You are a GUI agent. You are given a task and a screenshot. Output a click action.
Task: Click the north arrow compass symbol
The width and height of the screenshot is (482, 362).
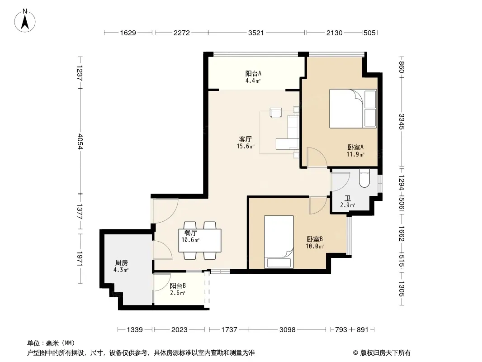25,21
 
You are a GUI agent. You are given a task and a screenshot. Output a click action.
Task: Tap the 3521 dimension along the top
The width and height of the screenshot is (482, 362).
256,33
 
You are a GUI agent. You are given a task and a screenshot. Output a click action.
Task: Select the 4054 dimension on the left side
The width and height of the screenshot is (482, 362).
80,141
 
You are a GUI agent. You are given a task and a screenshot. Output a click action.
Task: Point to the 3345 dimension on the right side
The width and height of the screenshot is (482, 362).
402,121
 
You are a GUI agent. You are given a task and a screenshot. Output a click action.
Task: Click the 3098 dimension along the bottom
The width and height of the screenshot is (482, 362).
287,330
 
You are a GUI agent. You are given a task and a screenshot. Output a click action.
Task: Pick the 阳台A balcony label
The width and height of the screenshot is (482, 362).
253,73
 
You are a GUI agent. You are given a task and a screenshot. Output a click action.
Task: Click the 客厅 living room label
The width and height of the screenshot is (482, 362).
246,139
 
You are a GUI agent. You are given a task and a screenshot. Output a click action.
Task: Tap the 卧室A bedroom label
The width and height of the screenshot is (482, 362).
355,148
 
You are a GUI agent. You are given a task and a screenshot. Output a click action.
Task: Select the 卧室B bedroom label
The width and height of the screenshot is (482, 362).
315,239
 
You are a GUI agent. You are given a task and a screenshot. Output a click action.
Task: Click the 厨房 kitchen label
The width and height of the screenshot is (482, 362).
122,263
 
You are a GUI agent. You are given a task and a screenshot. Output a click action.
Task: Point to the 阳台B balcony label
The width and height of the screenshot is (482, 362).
178,286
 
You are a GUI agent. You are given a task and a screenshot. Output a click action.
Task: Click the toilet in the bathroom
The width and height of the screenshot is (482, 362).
364,178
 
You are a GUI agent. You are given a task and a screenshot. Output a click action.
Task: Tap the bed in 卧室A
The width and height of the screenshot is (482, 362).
353,109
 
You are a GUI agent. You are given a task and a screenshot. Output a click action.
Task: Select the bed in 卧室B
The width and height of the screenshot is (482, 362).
279,242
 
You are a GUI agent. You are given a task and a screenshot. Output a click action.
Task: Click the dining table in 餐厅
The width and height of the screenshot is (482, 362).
200,241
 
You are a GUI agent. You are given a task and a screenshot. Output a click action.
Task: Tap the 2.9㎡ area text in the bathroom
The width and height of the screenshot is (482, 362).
347,205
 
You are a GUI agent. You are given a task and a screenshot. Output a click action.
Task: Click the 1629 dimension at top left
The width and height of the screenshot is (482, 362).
128,33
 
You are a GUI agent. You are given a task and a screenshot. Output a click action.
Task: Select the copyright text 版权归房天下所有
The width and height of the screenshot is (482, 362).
385,353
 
